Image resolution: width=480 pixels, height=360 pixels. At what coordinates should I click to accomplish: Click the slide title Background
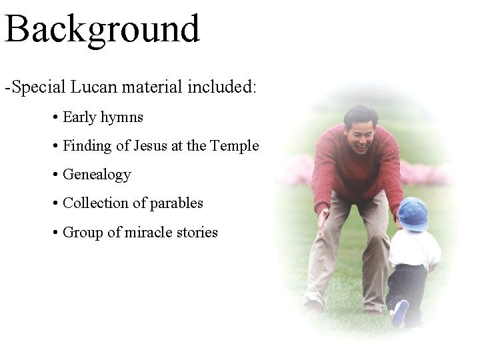click(x=102, y=29)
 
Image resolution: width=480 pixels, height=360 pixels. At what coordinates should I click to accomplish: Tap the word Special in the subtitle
click(x=39, y=87)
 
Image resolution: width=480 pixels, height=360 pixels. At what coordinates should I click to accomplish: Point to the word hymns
click(x=121, y=118)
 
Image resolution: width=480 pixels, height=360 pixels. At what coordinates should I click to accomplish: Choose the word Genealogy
click(x=97, y=175)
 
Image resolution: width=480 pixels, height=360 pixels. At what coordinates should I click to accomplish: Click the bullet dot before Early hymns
click(x=55, y=118)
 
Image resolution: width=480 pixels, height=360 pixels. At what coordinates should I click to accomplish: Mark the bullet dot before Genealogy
click(x=55, y=175)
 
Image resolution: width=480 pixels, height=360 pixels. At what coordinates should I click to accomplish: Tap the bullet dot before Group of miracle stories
click(x=55, y=233)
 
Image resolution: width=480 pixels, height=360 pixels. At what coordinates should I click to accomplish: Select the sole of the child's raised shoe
click(x=400, y=313)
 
